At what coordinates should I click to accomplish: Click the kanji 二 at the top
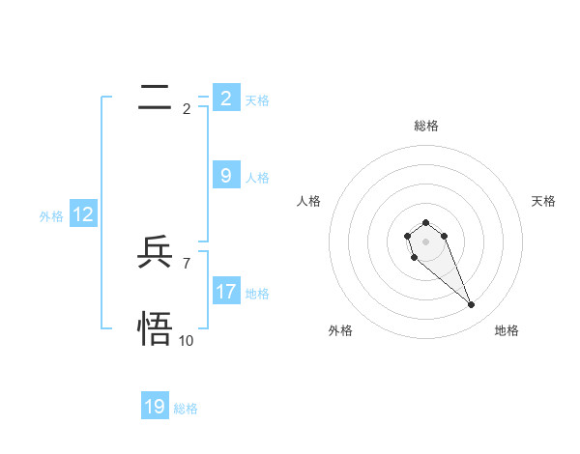click(155, 98)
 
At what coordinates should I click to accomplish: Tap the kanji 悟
click(155, 328)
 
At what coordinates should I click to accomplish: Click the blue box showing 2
click(226, 98)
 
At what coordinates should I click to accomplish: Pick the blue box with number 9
click(226, 175)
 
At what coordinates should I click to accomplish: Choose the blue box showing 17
click(226, 291)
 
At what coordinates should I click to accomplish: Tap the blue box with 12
click(83, 214)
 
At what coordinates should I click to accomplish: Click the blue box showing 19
click(155, 407)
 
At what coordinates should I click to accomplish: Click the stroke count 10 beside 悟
click(187, 340)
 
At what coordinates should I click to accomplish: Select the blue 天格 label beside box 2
click(257, 99)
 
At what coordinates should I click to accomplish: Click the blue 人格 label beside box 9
click(257, 178)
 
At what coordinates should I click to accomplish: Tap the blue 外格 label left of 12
click(51, 216)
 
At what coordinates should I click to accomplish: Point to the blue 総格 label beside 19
click(186, 409)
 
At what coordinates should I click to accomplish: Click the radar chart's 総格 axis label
click(426, 126)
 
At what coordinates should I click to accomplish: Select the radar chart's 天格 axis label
click(543, 201)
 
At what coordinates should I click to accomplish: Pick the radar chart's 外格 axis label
click(340, 330)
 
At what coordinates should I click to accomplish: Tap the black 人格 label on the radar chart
click(309, 201)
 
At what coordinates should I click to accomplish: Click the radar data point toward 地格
click(471, 305)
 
